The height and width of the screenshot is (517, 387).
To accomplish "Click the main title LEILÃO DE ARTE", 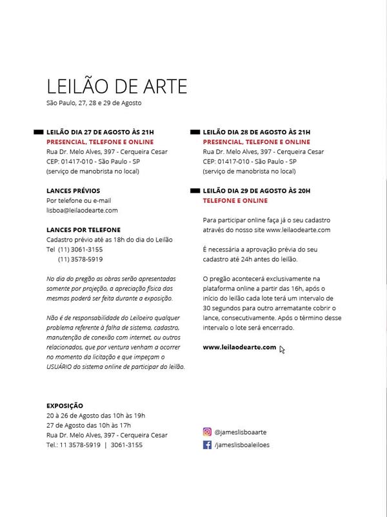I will tap(117, 87).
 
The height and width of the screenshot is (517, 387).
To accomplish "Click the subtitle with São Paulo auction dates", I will tap(94, 103).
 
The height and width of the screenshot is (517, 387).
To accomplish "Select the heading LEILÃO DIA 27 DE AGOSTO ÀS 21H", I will tap(100, 132).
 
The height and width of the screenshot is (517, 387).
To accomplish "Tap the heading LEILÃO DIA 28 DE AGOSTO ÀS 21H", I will tap(257, 132).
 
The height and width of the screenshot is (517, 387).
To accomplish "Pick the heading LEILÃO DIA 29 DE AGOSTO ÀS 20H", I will tap(257, 191).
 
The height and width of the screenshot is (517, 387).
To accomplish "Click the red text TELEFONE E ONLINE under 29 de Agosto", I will tap(235, 201).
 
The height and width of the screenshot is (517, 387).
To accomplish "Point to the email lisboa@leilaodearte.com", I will tap(82, 211).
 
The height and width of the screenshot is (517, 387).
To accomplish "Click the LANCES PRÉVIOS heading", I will tap(74, 191).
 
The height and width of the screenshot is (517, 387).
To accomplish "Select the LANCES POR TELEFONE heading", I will tap(83, 230).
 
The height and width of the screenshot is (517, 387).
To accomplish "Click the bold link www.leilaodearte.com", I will tap(239, 348).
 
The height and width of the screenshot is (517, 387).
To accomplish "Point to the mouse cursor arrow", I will tap(282, 350).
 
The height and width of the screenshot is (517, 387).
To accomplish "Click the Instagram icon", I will tap(208, 432).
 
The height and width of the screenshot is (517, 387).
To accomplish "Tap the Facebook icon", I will tap(208, 445).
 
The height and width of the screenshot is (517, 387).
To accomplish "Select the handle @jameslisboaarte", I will tap(241, 432).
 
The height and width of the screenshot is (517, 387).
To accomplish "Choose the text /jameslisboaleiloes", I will tap(242, 445).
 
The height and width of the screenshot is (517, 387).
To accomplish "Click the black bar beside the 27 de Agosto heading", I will tap(38, 132).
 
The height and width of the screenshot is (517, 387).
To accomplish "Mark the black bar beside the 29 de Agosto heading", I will tap(195, 191).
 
